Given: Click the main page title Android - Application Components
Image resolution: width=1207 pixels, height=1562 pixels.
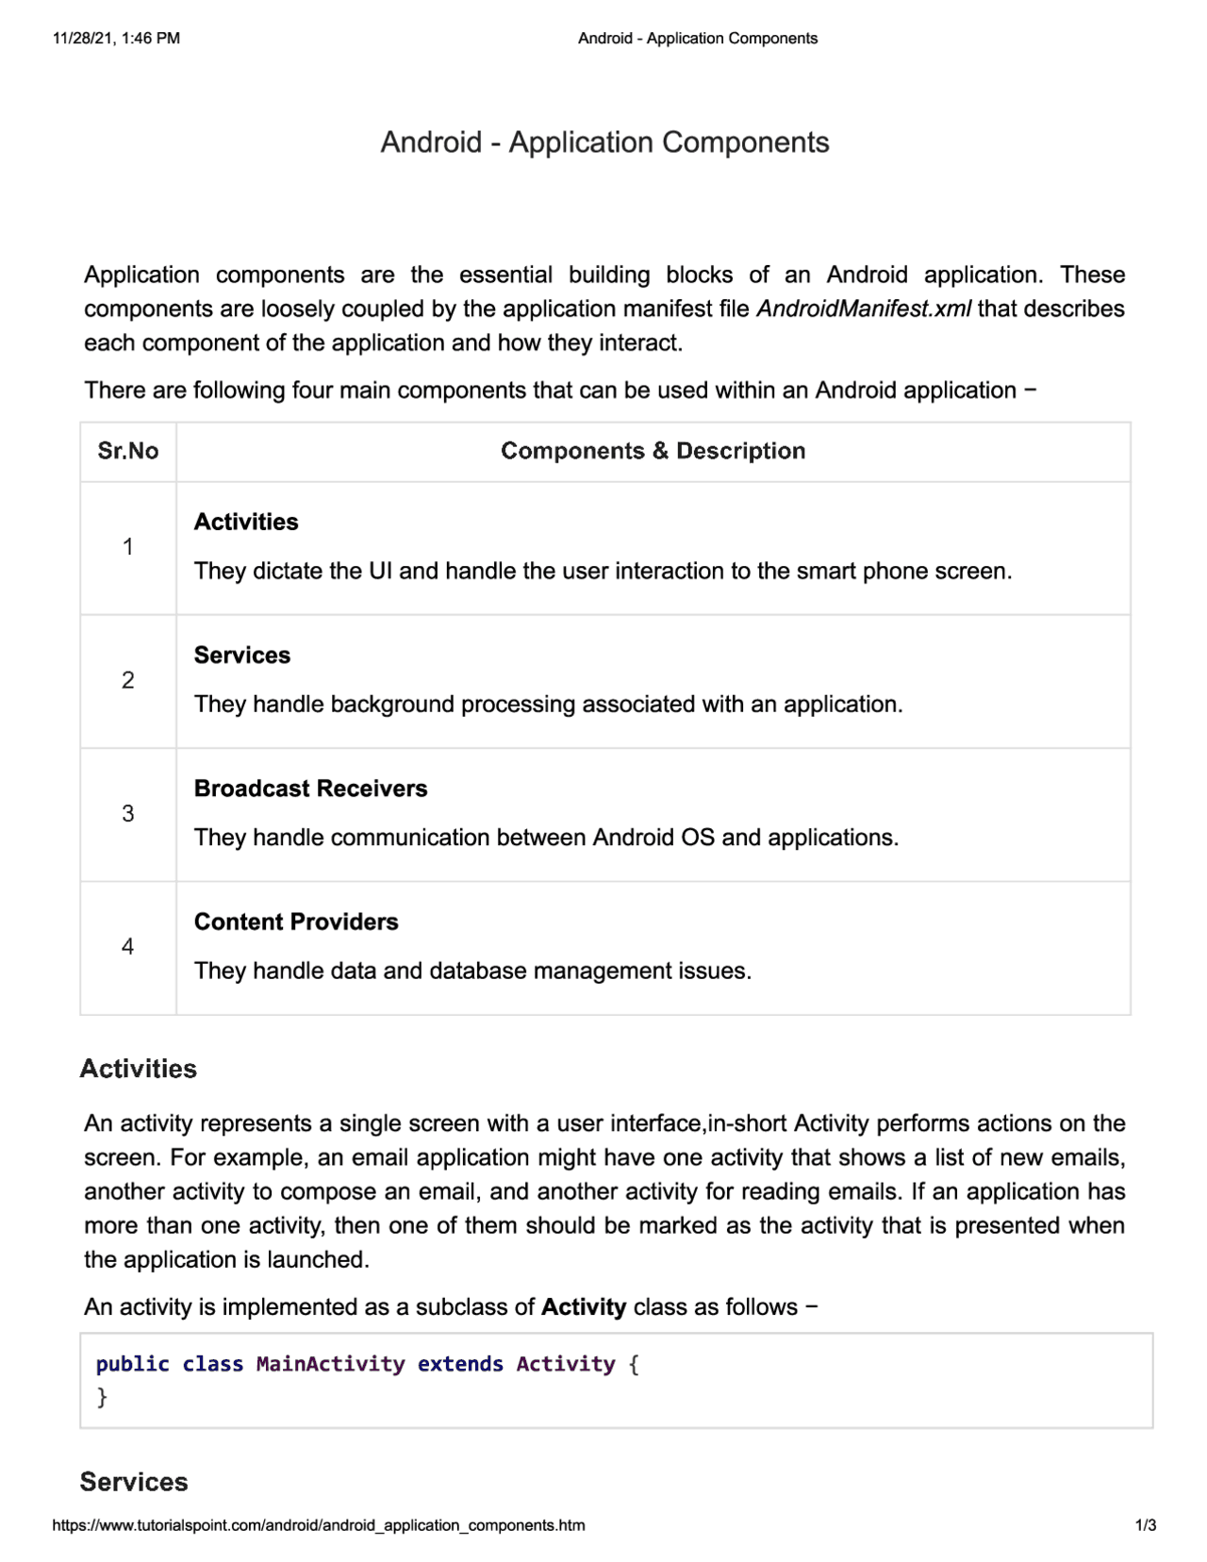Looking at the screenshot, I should [604, 142].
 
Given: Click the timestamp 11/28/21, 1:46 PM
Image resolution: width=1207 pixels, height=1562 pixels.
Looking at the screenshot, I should [116, 39].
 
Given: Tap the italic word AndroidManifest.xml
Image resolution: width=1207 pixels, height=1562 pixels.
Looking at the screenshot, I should [863, 309].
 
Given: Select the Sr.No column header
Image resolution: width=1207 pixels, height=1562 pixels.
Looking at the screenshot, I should [128, 451].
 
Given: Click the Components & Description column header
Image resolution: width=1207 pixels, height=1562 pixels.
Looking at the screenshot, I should [653, 451].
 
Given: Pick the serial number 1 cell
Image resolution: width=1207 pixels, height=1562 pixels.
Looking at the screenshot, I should [128, 547].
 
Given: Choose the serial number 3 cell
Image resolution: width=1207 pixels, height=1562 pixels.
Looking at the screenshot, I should [128, 814].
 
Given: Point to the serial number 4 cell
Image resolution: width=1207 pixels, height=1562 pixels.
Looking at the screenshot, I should [128, 947].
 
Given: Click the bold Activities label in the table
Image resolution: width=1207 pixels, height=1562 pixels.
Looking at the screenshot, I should [246, 522].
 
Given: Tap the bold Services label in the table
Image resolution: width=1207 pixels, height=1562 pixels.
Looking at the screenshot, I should [242, 656].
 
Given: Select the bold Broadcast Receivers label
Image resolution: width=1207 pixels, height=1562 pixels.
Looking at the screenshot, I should [310, 789].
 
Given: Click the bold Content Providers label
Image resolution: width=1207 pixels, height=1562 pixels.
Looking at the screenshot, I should [296, 922].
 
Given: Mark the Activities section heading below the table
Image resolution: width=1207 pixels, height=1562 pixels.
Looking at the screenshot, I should [139, 1069].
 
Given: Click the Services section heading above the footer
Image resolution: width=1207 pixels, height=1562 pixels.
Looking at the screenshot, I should [134, 1482].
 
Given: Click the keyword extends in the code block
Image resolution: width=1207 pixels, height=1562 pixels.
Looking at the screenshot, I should [460, 1364].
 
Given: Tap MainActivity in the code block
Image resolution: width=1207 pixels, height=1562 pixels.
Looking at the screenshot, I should [330, 1364].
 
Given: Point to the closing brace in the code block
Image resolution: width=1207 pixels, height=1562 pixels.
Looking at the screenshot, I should [102, 1397].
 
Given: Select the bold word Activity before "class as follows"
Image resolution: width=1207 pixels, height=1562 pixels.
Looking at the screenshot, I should [584, 1307].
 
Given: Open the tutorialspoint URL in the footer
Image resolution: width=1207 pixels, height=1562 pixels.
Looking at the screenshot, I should [319, 1525].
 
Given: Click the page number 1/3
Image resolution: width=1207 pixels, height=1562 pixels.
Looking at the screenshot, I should [1145, 1525].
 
